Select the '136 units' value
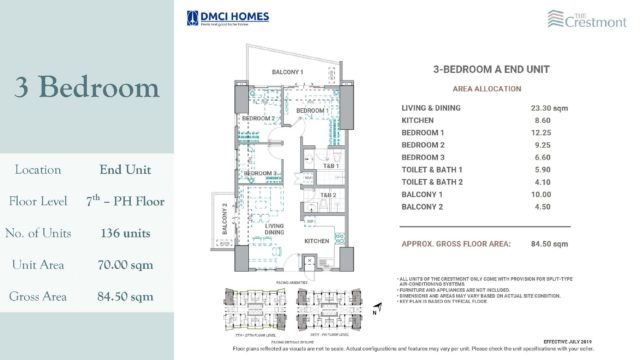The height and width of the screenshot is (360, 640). pyautogui.click(x=125, y=233)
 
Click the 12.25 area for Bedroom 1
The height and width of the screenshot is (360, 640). pyautogui.click(x=528, y=132)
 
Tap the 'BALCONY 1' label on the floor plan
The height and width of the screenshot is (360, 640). pyautogui.click(x=289, y=72)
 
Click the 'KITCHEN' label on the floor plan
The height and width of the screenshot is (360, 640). pyautogui.click(x=317, y=241)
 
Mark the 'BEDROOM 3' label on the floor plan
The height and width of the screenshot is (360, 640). pyautogui.click(x=263, y=174)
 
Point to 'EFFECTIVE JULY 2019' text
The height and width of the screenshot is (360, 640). pyautogui.click(x=572, y=342)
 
